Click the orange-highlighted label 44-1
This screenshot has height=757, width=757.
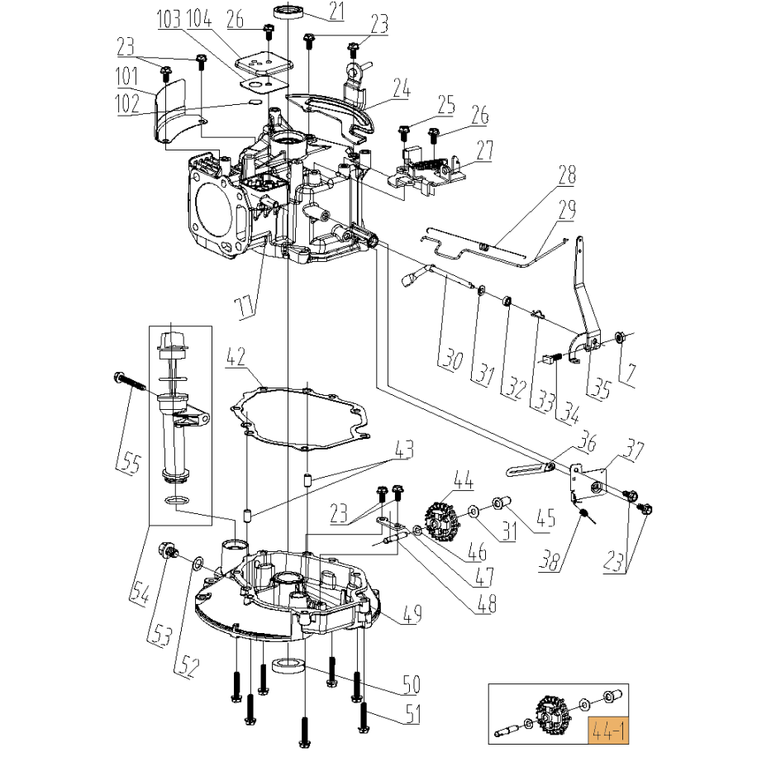607,729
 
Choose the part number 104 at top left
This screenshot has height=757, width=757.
198,19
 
